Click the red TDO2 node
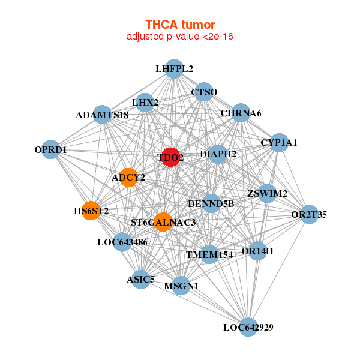pos(170,157)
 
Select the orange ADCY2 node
pos(128,177)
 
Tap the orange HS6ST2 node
pos(91,211)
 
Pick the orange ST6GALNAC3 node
pos(163,222)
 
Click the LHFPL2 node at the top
pos(174,69)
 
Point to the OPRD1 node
pos(50,149)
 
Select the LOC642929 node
pos(248,327)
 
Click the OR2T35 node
pos(309,214)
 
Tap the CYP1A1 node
pos(279,143)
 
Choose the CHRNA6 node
pos(241,113)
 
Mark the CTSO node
pos(204,92)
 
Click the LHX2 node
pos(145,103)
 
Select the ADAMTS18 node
pos(102,114)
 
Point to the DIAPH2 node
pos(218,154)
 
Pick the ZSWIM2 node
pos(268,193)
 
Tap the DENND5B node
pos(211,204)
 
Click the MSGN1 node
pos(181,286)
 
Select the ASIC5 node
pos(140,279)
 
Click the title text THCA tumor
pos(180,25)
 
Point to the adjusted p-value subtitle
pos(180,37)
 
